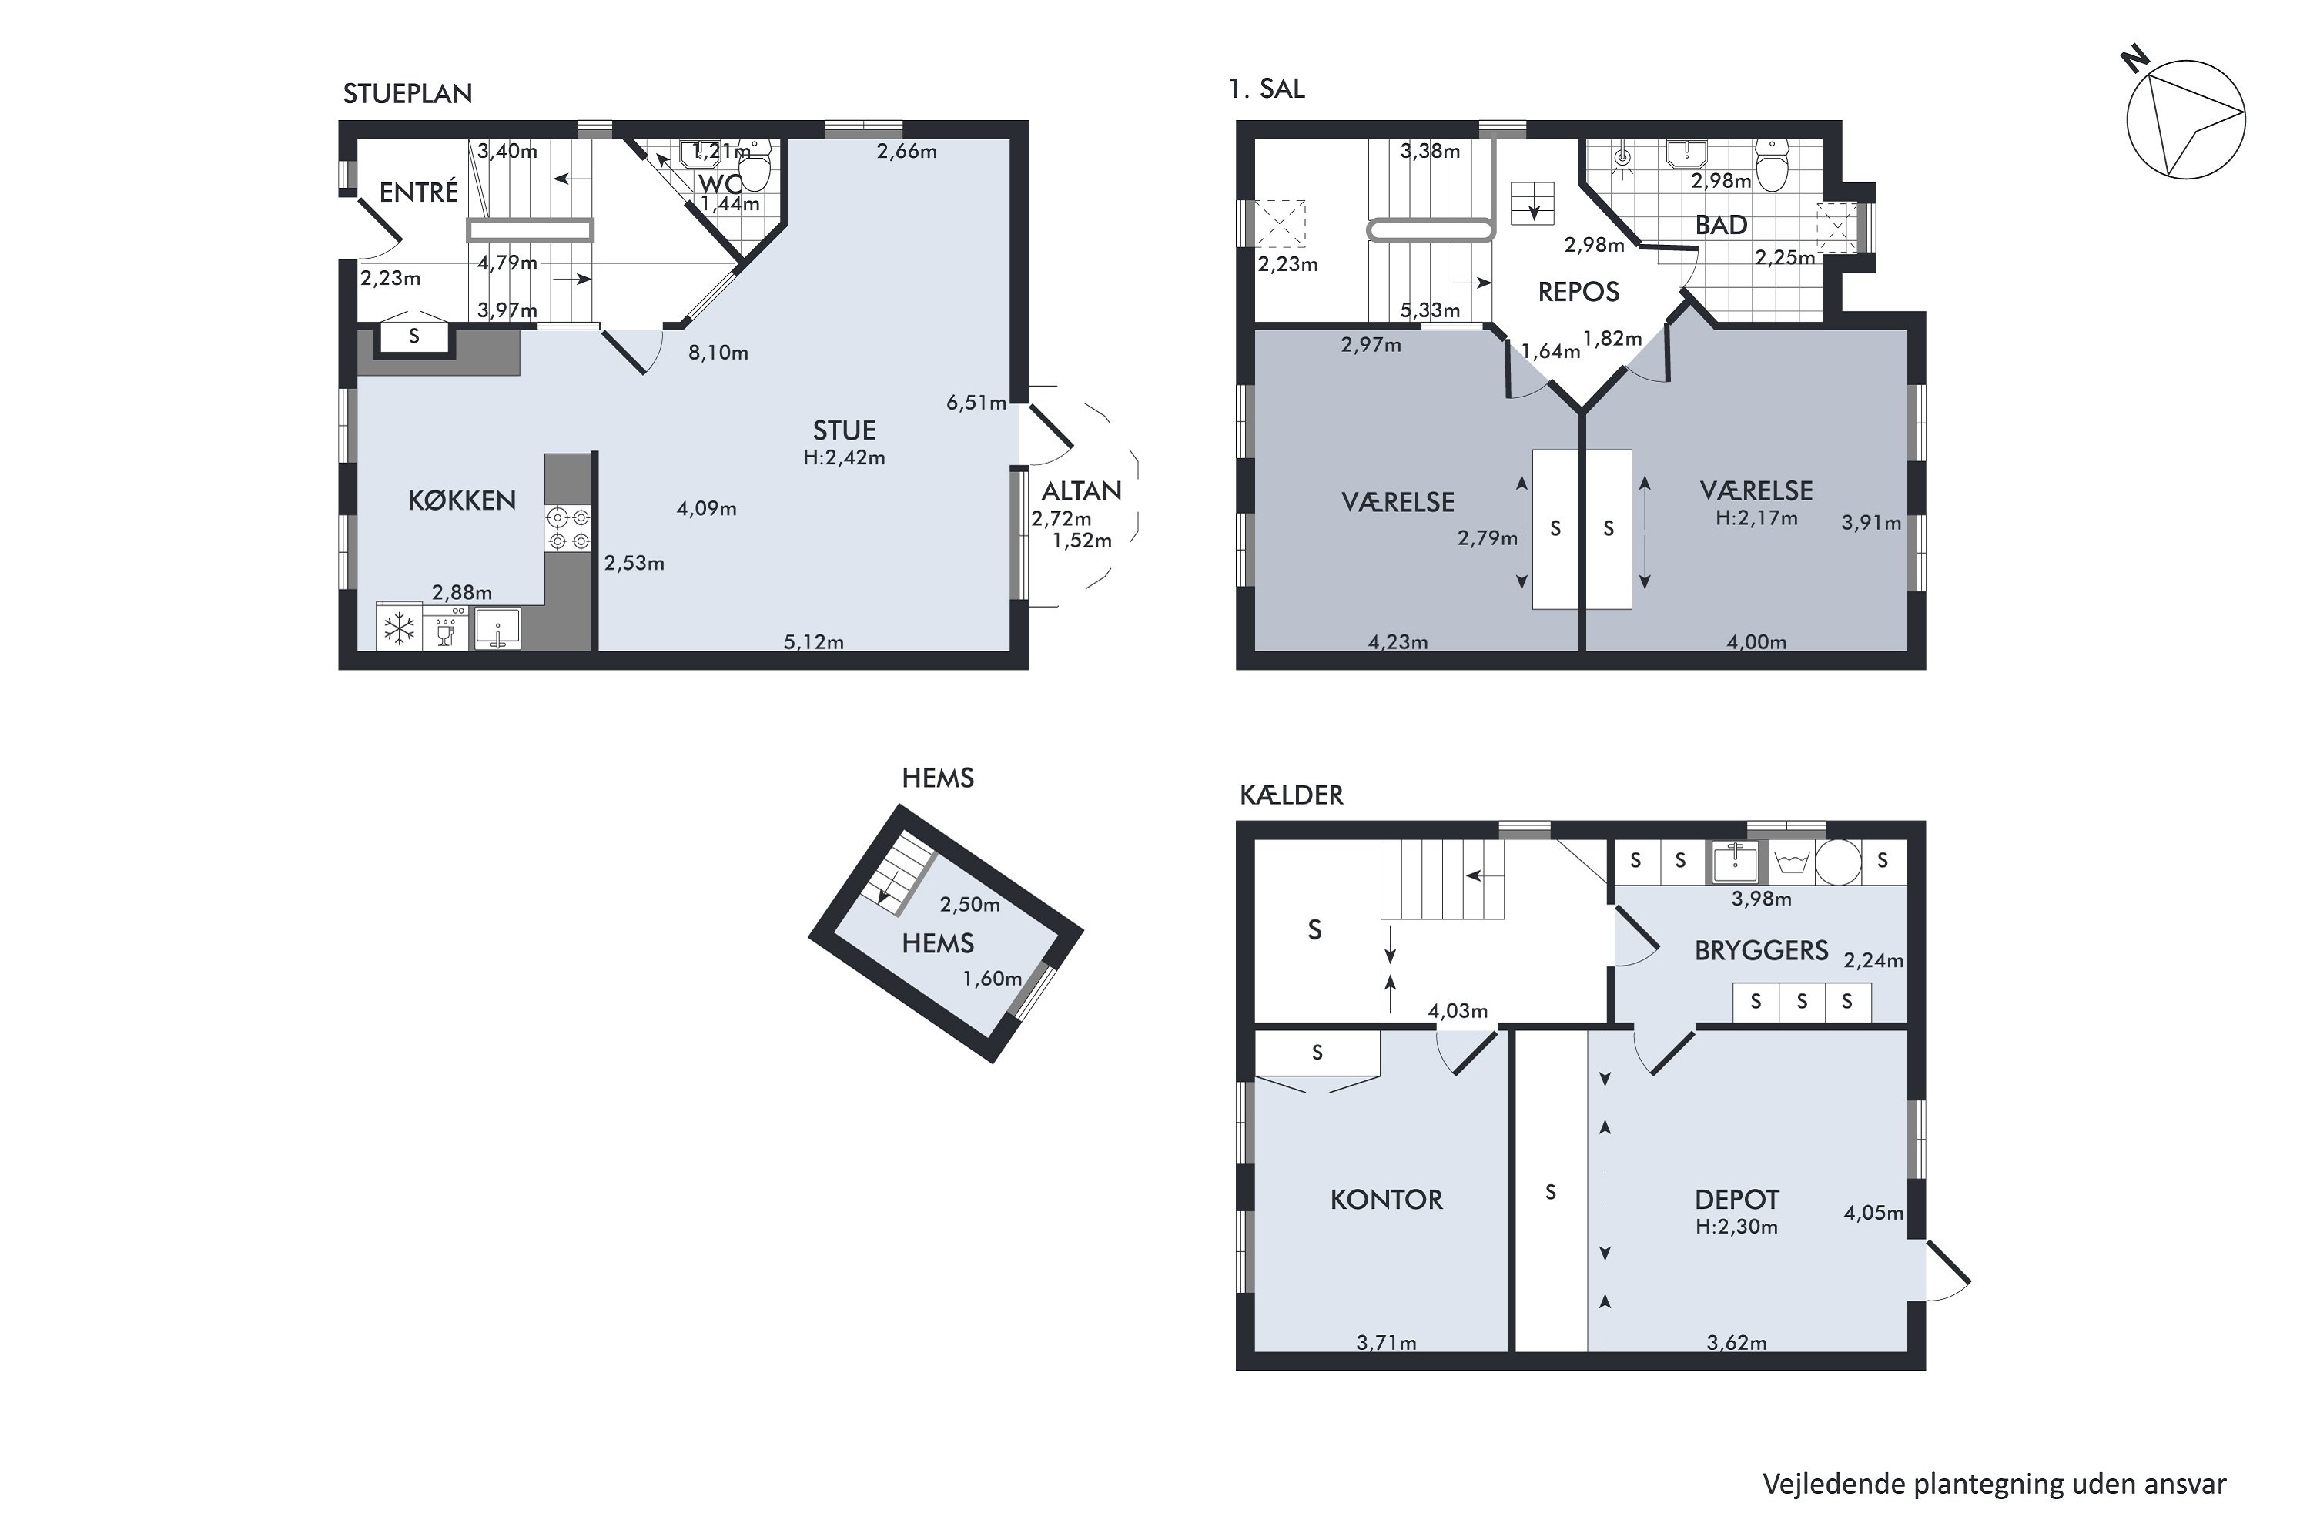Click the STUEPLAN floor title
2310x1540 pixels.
(x=407, y=93)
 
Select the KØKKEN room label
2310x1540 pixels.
(x=461, y=501)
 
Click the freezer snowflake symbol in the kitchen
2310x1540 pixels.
(x=399, y=628)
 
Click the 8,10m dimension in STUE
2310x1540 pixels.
(x=718, y=353)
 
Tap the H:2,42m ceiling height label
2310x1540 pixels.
(x=844, y=457)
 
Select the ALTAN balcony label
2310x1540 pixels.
(x=1081, y=491)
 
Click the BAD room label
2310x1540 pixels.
(x=1721, y=225)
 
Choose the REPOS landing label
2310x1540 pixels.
(x=1578, y=292)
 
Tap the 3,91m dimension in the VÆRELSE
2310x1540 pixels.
(x=1871, y=524)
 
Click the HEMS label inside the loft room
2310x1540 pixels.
(x=938, y=944)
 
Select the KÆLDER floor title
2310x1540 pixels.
(x=1291, y=795)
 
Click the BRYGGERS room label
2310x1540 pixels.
(x=1761, y=951)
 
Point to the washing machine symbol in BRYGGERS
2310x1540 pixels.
(x=1793, y=862)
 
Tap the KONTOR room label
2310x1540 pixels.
(x=1386, y=1199)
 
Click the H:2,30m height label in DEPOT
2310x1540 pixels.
(x=1736, y=1227)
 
